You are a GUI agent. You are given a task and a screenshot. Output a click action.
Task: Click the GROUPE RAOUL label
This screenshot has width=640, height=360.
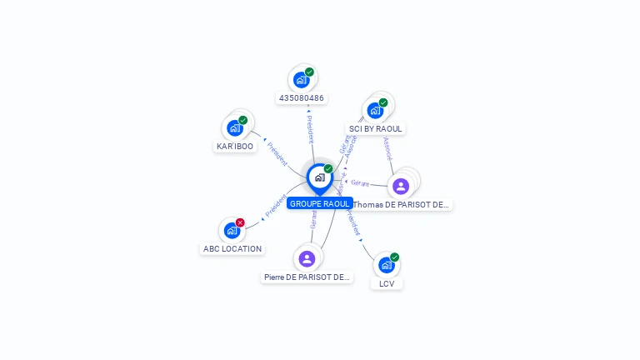click(x=319, y=203)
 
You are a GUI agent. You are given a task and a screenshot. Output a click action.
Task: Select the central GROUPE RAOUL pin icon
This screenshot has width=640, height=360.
click(x=319, y=177)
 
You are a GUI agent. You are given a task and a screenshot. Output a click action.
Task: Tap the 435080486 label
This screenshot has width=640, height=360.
click(x=302, y=98)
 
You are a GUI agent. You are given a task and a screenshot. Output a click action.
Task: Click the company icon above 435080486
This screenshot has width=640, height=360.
click(x=301, y=80)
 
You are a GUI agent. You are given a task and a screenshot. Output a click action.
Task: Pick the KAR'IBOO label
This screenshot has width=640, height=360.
click(x=235, y=146)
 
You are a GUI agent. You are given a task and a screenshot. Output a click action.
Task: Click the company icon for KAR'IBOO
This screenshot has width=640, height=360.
click(x=235, y=127)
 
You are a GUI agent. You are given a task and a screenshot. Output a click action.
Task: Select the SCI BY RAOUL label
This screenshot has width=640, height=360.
click(x=375, y=129)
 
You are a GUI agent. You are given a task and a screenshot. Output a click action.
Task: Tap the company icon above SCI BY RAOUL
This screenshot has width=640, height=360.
click(x=375, y=110)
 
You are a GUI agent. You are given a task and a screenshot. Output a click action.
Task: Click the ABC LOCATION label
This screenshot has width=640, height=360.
click(x=232, y=248)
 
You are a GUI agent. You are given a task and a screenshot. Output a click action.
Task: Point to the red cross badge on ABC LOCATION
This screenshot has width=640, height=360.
click(x=240, y=222)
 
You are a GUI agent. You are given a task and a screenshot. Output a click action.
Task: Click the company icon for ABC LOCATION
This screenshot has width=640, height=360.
click(x=232, y=230)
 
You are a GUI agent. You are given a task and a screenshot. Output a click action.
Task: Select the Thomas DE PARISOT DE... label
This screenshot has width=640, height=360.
click(x=402, y=204)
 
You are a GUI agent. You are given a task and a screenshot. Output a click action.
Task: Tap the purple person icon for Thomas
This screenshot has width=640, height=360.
click(x=401, y=186)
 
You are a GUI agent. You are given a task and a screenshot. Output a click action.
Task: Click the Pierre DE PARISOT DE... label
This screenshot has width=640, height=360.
click(x=307, y=277)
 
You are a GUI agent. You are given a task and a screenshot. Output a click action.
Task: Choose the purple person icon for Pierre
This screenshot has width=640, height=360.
click(x=307, y=258)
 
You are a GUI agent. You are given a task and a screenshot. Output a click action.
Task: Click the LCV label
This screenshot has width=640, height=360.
click(x=387, y=283)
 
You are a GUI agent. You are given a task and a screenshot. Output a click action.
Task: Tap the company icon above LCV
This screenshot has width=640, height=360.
click(x=386, y=265)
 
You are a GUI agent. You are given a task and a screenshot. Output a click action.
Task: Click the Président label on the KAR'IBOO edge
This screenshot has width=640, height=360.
click(x=277, y=153)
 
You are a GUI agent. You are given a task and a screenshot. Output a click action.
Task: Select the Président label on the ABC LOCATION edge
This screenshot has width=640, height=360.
click(x=275, y=206)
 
